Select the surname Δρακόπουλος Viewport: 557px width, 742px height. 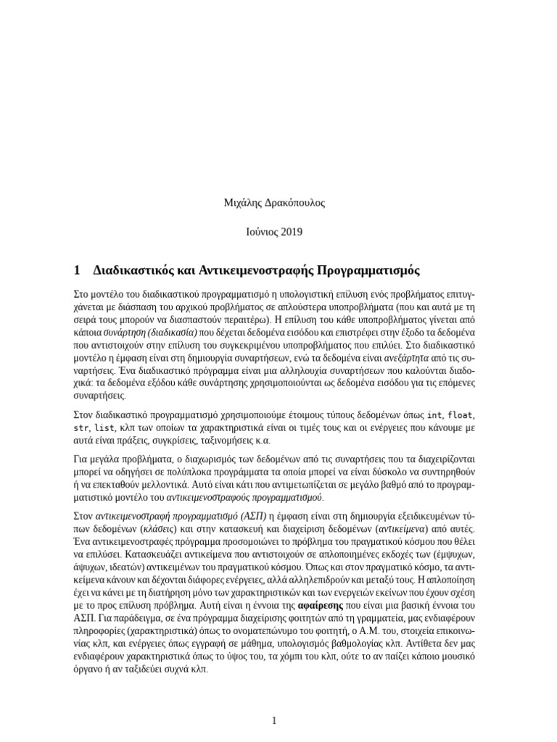click(296, 203)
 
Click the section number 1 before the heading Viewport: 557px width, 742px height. click(77, 270)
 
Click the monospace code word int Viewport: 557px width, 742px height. click(434, 414)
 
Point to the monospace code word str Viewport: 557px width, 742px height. click(81, 428)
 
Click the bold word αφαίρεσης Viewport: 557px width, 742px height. click(319, 604)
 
